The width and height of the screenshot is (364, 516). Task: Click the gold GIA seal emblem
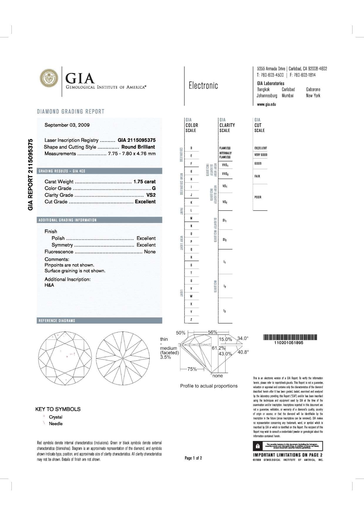(x=49, y=78)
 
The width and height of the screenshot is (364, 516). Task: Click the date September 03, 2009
(x=67, y=125)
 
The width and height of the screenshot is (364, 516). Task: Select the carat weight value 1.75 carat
(x=145, y=182)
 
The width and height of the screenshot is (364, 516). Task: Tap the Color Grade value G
(x=154, y=188)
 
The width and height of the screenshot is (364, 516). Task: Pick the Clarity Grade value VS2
(x=151, y=195)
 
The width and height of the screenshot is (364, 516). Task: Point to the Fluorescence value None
(x=150, y=252)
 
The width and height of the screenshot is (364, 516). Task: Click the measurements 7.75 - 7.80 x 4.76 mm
(x=132, y=154)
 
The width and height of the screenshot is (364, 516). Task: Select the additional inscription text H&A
(x=49, y=285)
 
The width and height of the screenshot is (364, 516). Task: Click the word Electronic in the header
(x=203, y=86)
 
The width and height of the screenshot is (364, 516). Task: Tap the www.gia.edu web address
(x=266, y=104)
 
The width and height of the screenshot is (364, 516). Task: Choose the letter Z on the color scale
(x=191, y=319)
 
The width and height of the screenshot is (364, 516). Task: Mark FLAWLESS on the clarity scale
(x=225, y=148)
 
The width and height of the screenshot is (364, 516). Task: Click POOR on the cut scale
(x=258, y=197)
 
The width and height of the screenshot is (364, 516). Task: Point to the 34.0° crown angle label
(x=243, y=338)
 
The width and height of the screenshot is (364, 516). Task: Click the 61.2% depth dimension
(x=218, y=348)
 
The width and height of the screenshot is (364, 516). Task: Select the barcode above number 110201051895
(x=290, y=337)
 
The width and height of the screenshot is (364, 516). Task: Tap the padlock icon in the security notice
(x=258, y=446)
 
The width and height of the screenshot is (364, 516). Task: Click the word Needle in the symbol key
(x=56, y=424)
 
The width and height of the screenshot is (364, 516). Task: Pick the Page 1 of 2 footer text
(x=193, y=458)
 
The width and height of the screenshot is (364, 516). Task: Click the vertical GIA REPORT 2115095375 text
(x=30, y=174)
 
